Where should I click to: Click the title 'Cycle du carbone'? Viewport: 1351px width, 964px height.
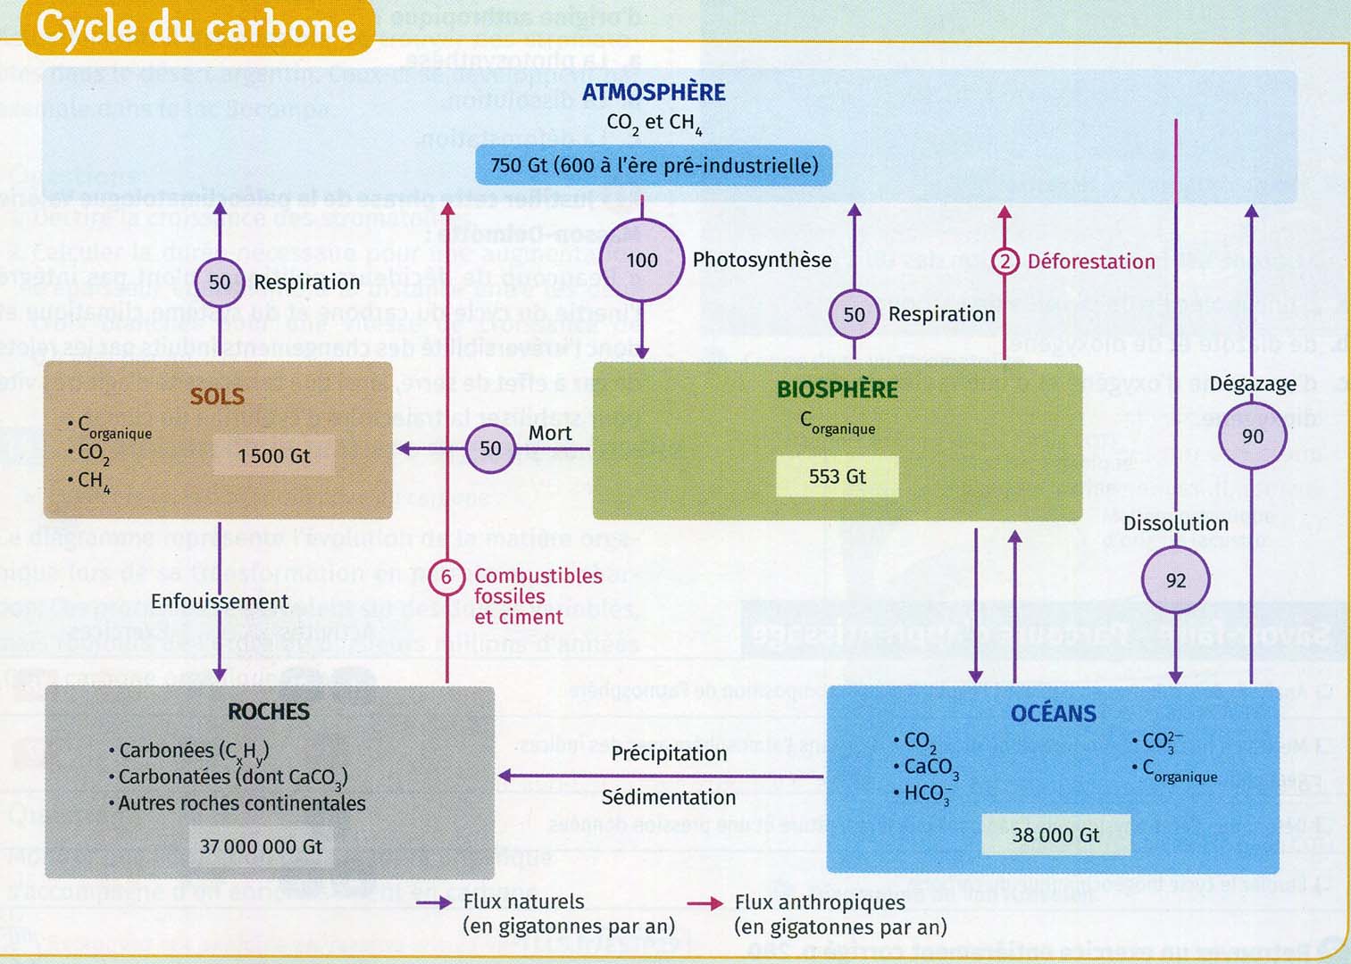pos(196,28)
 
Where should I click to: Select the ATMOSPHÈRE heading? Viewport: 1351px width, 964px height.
pos(654,92)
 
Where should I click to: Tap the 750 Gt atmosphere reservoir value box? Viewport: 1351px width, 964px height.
pos(654,166)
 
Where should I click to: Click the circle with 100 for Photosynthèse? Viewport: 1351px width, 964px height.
pos(642,261)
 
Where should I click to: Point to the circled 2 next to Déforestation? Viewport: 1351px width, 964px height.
pos(1005,262)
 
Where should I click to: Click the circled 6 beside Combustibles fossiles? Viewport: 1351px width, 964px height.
pos(446,578)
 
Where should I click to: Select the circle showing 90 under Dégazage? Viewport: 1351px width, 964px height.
pos(1252,436)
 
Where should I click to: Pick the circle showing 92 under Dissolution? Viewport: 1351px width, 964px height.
pos(1175,580)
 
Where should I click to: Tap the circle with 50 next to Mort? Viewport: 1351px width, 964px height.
pos(490,448)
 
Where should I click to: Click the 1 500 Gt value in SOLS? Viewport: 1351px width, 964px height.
pos(273,456)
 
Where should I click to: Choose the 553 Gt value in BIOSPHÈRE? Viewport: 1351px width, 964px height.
pos(837,477)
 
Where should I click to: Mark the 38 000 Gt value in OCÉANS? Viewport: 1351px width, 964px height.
pos(1055,835)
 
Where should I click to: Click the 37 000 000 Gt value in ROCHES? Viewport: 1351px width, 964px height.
pos(261,846)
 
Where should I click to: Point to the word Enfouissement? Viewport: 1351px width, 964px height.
pos(220,602)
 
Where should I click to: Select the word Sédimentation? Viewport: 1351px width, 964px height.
pos(669,797)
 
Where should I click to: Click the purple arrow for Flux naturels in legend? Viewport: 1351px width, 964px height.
pos(434,903)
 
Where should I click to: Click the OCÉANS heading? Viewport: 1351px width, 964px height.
pos(1053,713)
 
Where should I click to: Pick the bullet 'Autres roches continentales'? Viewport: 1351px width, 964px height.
pos(241,803)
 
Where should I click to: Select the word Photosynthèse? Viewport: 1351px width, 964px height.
pos(762,260)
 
